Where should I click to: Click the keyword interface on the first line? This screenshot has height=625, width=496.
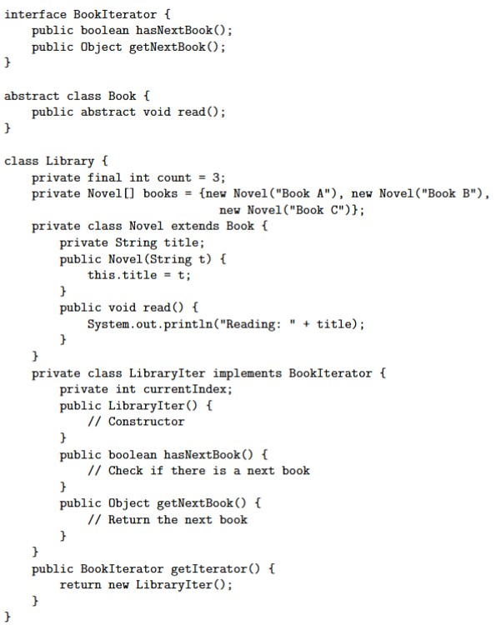coord(35,14)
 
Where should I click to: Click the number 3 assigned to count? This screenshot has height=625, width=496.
coord(216,177)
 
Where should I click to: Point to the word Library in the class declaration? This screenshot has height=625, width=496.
coord(70,161)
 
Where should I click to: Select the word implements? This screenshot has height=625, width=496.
coord(247,373)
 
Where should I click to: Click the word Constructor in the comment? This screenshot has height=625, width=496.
coord(147,422)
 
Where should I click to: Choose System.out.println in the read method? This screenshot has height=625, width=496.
coord(150,324)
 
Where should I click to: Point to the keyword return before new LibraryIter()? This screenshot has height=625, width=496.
coord(80,585)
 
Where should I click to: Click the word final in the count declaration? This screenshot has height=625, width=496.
coord(104,177)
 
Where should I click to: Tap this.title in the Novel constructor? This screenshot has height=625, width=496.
coord(122,275)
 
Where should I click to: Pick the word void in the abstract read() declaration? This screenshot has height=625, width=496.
coord(157,112)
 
